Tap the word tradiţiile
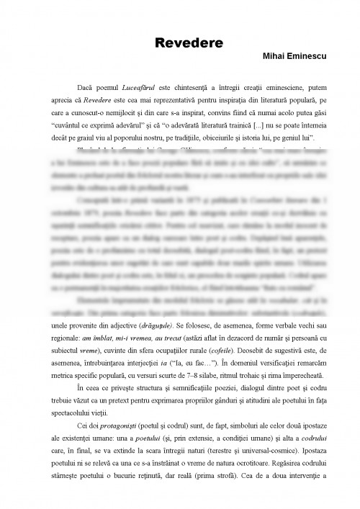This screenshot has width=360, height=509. click(x=202, y=136)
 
